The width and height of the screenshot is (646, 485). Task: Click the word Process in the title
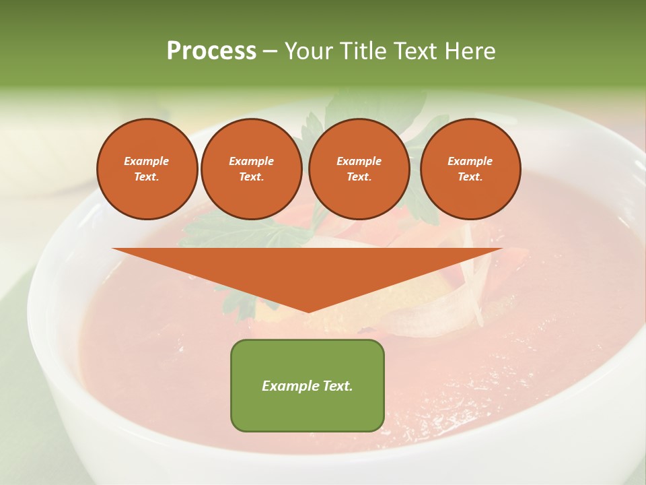click(211, 51)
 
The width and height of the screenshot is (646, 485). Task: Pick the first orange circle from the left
click(147, 169)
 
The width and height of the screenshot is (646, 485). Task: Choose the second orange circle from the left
click(252, 169)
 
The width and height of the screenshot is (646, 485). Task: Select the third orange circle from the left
click(359, 169)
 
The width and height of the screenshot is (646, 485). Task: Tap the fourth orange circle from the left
click(470, 169)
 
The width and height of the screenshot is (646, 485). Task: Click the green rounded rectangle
click(308, 385)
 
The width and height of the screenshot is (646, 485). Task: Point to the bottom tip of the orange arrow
click(308, 311)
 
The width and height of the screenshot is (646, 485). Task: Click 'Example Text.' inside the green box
click(308, 386)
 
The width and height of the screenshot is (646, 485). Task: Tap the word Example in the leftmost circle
click(147, 161)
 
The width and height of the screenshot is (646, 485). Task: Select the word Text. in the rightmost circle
click(470, 176)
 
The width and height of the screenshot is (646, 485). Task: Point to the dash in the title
click(270, 52)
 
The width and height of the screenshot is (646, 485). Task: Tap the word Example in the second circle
click(252, 161)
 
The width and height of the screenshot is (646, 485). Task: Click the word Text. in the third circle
click(359, 176)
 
